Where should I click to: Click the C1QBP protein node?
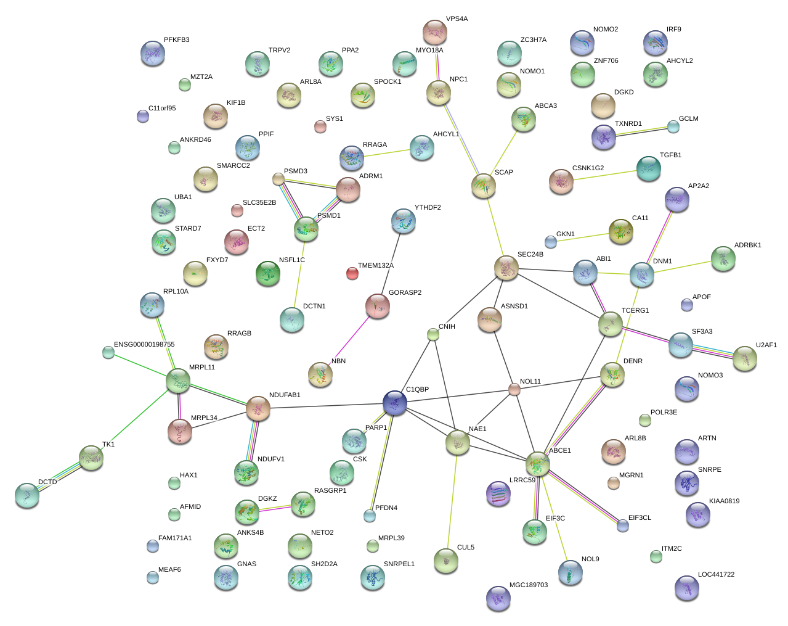coord(395,402)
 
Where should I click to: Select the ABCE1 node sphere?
coord(538,463)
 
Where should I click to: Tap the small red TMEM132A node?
coord(352,273)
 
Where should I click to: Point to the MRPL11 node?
coord(178,381)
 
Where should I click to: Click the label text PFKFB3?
coord(177,40)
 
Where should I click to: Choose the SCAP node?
coord(484,186)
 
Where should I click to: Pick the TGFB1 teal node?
coord(648,168)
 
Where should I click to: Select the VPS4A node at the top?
coord(435,32)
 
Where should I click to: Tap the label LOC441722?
coord(716,575)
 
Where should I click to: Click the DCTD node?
coord(27,495)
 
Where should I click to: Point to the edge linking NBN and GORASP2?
coord(349,340)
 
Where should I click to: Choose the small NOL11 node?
coord(514,389)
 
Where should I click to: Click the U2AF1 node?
coord(744,358)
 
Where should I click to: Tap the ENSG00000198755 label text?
coord(144,345)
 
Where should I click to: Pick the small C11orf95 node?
coord(143,115)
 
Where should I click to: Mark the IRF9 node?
coord(655,43)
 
